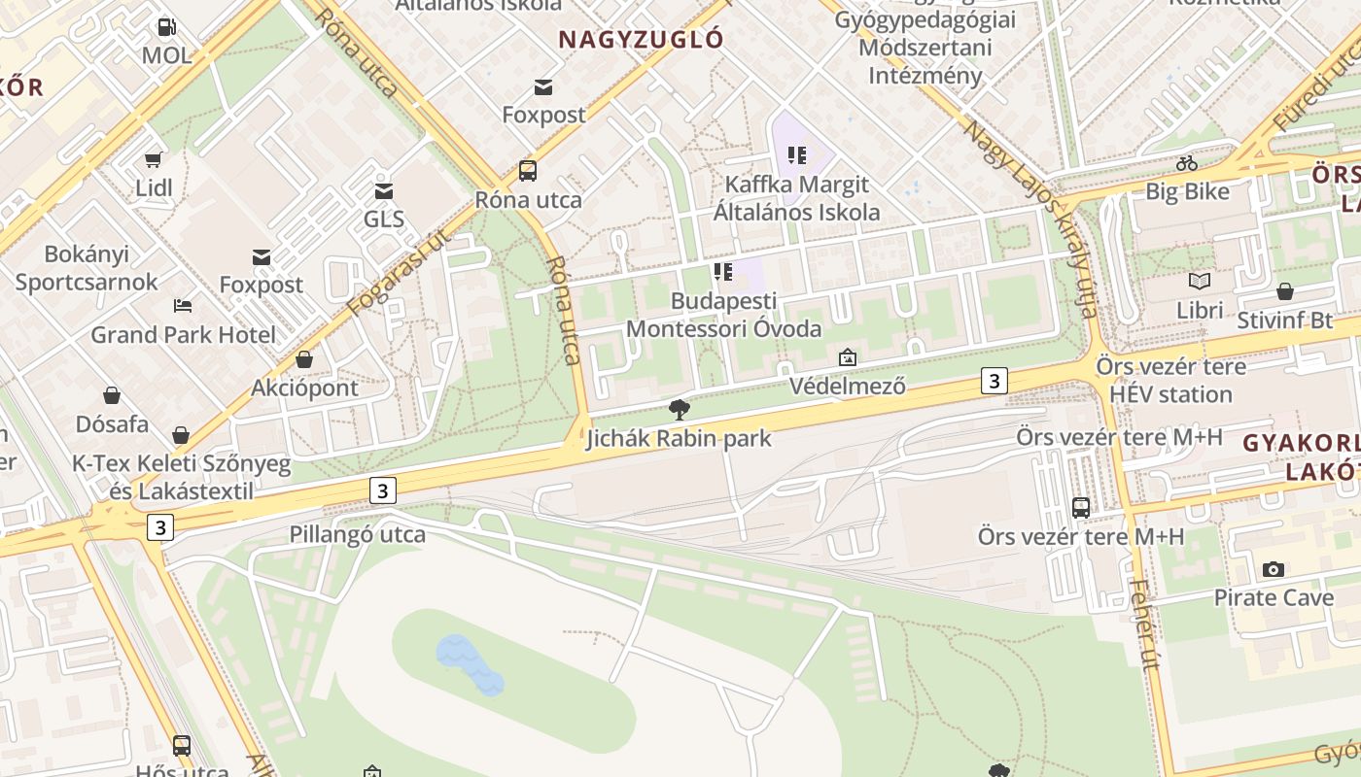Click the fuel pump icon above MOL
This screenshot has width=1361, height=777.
167,27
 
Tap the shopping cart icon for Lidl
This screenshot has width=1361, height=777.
154,159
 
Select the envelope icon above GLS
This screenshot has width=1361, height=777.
384,191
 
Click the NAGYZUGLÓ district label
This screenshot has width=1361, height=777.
642,39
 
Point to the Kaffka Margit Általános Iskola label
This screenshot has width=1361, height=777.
797,198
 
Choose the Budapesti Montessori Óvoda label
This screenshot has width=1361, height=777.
723,315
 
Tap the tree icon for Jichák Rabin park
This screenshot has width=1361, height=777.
680,409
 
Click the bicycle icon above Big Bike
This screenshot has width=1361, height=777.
1186,163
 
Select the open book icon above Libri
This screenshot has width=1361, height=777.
1200,282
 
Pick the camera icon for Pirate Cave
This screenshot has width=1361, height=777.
1274,569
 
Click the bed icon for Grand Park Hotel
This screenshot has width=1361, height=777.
183,306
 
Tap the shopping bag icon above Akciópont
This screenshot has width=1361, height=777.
304,360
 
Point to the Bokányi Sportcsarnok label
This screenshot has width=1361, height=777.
87,268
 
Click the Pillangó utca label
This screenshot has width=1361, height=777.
358,534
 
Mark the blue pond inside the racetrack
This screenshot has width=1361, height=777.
470,663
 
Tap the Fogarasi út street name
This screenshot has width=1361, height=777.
400,272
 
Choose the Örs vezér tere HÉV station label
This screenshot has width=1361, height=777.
1170,381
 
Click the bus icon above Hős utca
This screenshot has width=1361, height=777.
182,745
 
